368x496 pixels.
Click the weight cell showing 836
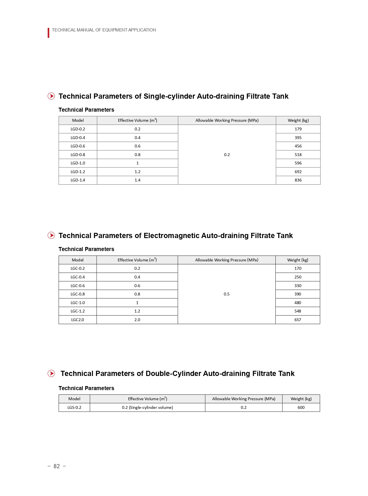click(x=298, y=180)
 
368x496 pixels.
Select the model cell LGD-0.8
click(x=78, y=155)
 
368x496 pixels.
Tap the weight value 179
click(x=298, y=129)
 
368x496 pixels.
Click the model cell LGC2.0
click(x=78, y=320)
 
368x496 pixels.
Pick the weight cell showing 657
click(x=298, y=320)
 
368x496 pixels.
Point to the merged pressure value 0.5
click(x=226, y=294)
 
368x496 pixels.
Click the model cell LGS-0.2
click(x=74, y=407)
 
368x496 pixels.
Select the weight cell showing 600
click(x=301, y=407)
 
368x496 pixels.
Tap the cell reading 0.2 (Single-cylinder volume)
click(x=147, y=407)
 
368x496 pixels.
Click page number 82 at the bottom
click(x=57, y=466)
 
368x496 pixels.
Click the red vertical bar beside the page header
click(x=48, y=33)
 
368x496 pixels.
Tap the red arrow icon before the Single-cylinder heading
click(x=51, y=96)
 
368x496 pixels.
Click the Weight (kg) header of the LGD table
click(x=298, y=120)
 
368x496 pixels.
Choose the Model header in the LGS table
click(x=74, y=399)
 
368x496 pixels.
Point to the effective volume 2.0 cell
click(x=137, y=320)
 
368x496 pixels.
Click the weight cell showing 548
click(x=298, y=311)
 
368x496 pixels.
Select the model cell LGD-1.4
click(x=78, y=180)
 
